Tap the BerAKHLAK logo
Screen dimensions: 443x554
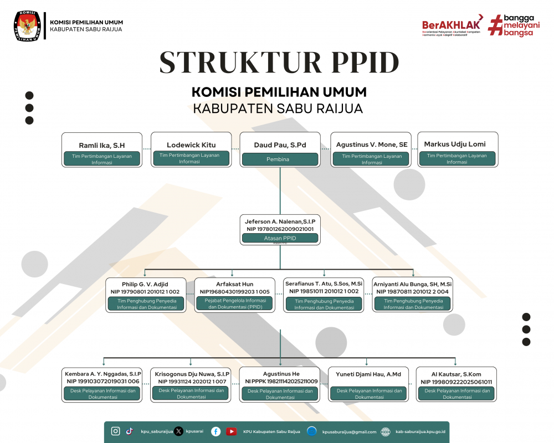[452, 25]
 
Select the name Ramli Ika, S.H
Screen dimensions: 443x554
[102, 145]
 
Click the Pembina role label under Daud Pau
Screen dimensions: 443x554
[280, 159]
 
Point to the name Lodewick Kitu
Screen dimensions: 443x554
[191, 145]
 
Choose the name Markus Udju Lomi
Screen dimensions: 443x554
[455, 144]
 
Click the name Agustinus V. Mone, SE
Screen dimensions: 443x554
[372, 145]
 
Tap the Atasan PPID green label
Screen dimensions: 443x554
[280, 238]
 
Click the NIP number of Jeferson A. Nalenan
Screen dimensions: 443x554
[280, 229]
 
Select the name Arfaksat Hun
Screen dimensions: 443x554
[234, 284]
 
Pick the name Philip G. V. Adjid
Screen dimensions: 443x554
[145, 284]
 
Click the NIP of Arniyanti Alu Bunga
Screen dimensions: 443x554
[413, 291]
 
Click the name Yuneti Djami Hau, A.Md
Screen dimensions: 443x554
[368, 374]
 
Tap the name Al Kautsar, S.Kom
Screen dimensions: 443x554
[456, 374]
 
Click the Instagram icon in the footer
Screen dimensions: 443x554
[116, 431]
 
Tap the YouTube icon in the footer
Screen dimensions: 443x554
[231, 431]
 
